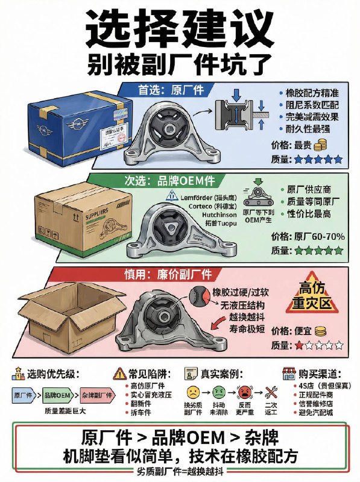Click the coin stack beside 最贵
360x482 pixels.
point(320,145)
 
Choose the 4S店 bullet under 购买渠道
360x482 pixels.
point(313,387)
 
